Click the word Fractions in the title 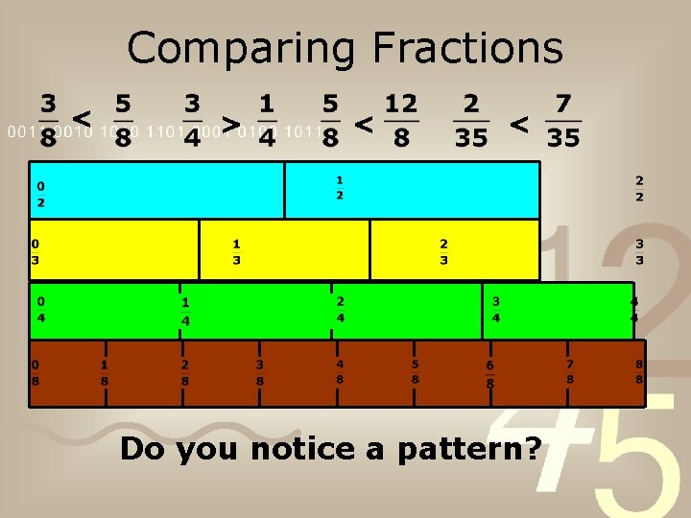tap(467, 48)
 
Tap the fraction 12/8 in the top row tap(401, 121)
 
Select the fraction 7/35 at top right tap(563, 121)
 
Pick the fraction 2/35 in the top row tap(471, 121)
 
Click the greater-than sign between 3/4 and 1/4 tap(229, 123)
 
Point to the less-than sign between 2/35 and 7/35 tap(518, 123)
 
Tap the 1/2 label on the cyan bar tap(340, 187)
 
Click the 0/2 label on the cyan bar tap(41, 194)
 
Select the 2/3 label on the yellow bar tap(443, 251)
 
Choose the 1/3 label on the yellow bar tap(236, 251)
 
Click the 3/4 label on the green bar tap(496, 308)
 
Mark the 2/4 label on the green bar tap(340, 308)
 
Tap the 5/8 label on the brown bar tap(415, 371)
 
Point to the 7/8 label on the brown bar tap(570, 371)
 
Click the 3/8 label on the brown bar tap(259, 372)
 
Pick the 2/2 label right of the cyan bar tap(639, 188)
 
